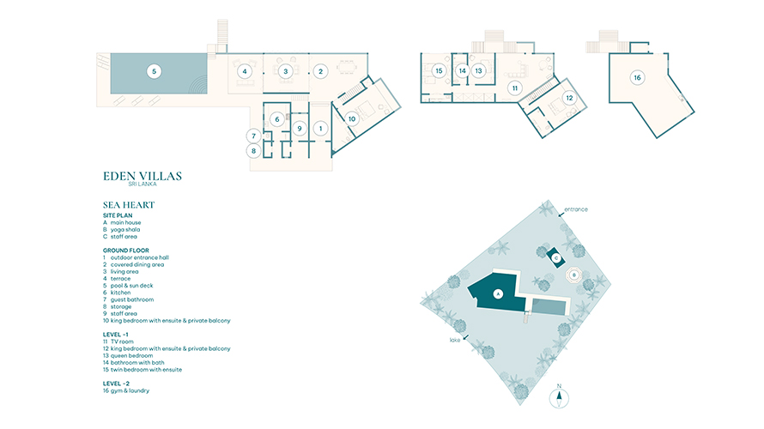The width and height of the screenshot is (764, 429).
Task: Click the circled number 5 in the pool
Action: (x=154, y=71)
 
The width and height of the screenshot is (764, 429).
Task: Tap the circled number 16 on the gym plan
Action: (x=637, y=77)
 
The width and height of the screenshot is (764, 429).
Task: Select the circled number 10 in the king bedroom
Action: (x=352, y=118)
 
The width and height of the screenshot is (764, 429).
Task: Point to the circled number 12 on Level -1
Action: (x=569, y=98)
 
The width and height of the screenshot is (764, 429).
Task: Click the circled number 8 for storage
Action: (x=253, y=151)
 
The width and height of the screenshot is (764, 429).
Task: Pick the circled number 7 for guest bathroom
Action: (x=253, y=136)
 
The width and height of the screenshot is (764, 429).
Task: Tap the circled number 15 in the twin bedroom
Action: (x=439, y=70)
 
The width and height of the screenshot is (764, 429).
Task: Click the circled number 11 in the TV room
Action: (x=515, y=88)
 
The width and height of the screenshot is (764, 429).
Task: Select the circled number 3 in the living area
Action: (x=286, y=71)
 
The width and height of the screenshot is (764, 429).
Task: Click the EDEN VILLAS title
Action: (x=142, y=176)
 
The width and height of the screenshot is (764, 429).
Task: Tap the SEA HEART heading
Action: (x=129, y=205)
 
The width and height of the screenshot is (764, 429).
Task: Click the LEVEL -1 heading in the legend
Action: (x=116, y=335)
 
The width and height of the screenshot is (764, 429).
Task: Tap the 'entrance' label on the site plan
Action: (x=576, y=209)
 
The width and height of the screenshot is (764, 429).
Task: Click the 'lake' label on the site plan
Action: (x=455, y=340)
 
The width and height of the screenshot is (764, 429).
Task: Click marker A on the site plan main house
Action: (x=498, y=294)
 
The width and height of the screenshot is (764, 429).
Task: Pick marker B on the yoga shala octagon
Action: (x=574, y=275)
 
